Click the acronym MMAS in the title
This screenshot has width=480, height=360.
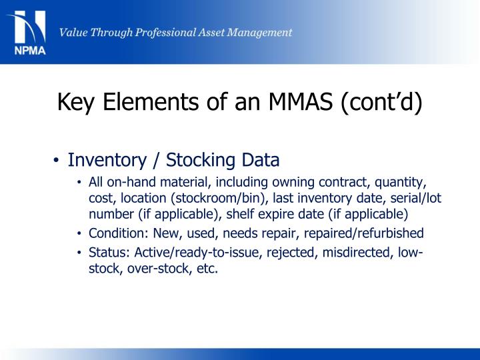point(299,103)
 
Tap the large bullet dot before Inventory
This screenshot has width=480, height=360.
point(57,161)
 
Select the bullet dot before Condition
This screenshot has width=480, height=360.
point(79,234)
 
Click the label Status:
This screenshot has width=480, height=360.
point(109,253)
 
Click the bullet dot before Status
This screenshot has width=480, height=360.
point(79,253)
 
